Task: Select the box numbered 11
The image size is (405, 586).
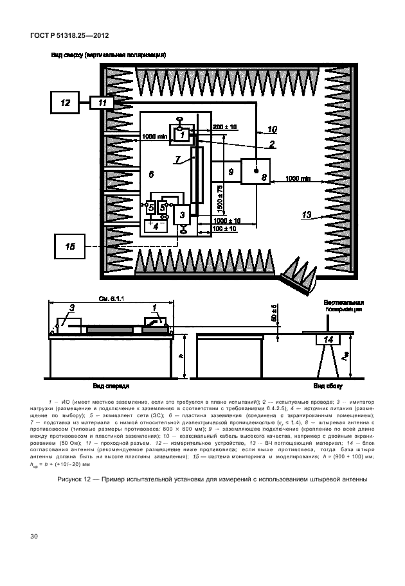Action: pyautogui.click(x=102, y=102)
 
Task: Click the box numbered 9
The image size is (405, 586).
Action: pyautogui.click(x=230, y=171)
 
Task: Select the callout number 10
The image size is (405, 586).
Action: pyautogui.click(x=273, y=129)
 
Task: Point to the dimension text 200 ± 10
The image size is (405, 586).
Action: pyautogui.click(x=225, y=127)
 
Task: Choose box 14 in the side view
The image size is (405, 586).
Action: pyautogui.click(x=328, y=340)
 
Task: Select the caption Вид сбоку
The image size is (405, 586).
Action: pyautogui.click(x=327, y=387)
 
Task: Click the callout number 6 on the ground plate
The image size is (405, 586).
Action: pyautogui.click(x=150, y=174)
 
